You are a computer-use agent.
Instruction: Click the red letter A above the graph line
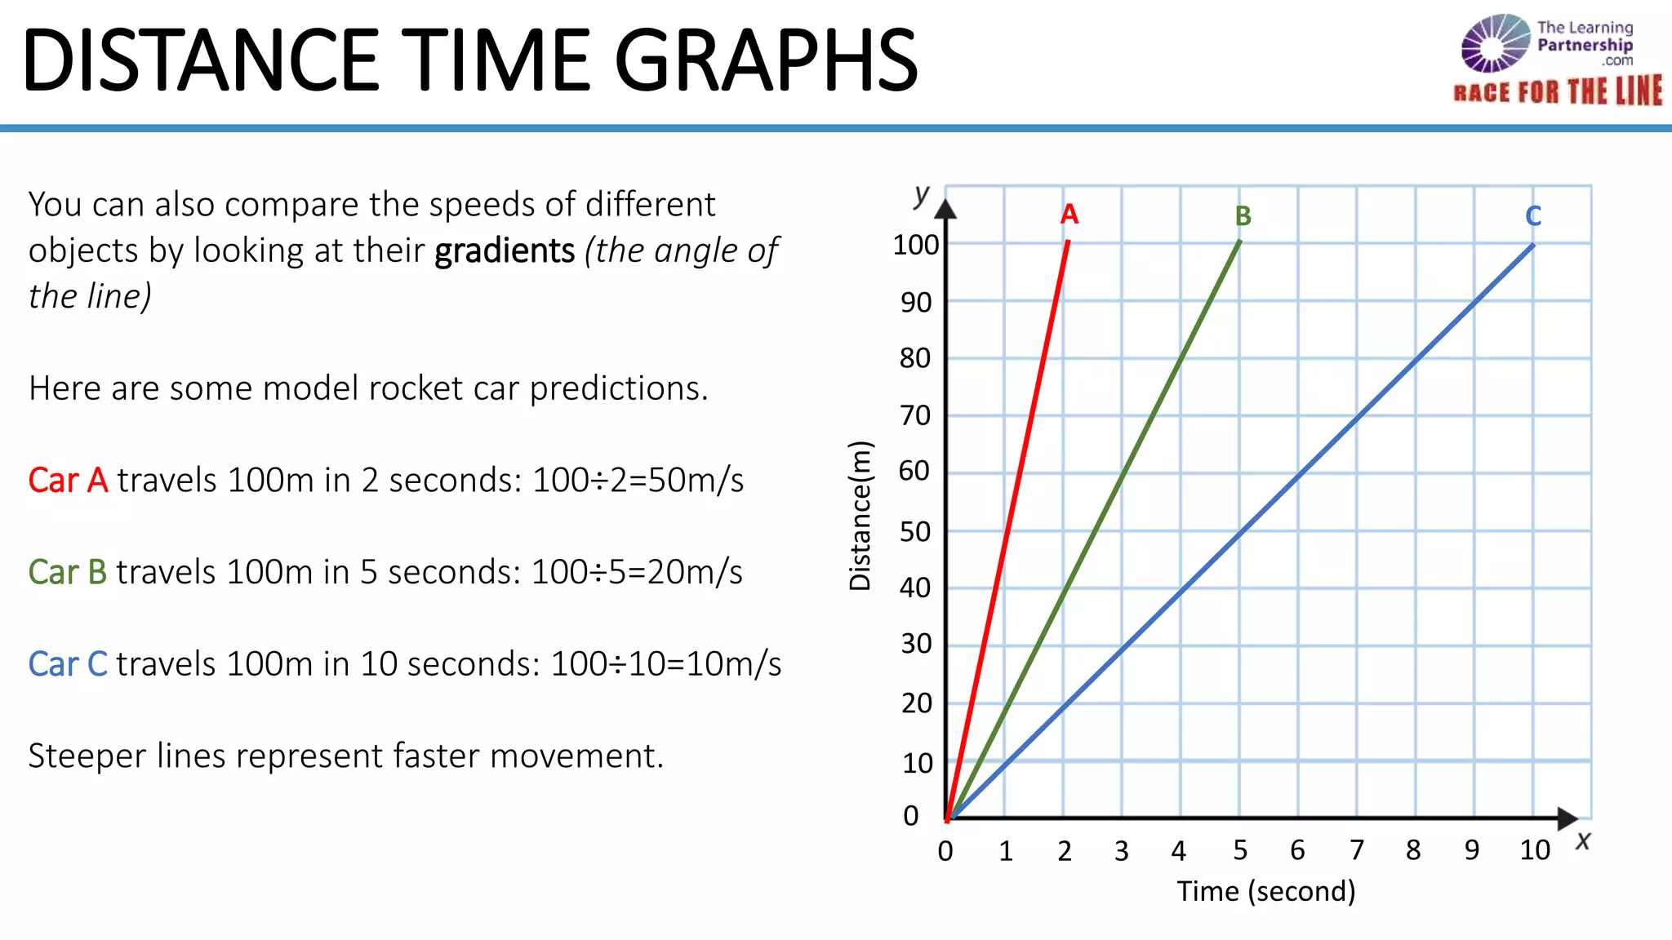[1069, 215]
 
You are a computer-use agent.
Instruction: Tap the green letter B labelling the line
[1243, 216]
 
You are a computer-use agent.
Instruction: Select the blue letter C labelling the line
[1533, 216]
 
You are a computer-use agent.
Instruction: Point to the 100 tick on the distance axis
[915, 245]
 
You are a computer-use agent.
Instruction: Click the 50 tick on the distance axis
[915, 532]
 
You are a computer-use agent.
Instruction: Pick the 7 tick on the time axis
[1357, 851]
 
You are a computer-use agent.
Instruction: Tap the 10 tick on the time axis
[1535, 851]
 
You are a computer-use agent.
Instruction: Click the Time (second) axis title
[1265, 891]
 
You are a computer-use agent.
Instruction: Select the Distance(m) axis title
[860, 515]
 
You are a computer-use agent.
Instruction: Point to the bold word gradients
[505, 251]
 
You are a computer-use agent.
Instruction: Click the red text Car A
[68, 480]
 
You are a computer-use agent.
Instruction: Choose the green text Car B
[68, 572]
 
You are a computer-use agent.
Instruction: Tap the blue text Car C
[68, 664]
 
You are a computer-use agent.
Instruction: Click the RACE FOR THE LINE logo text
[1558, 91]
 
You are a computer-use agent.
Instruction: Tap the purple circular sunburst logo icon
[1495, 43]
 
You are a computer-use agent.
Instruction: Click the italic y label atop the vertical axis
[922, 195]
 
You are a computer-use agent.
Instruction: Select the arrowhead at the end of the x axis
[1567, 818]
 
